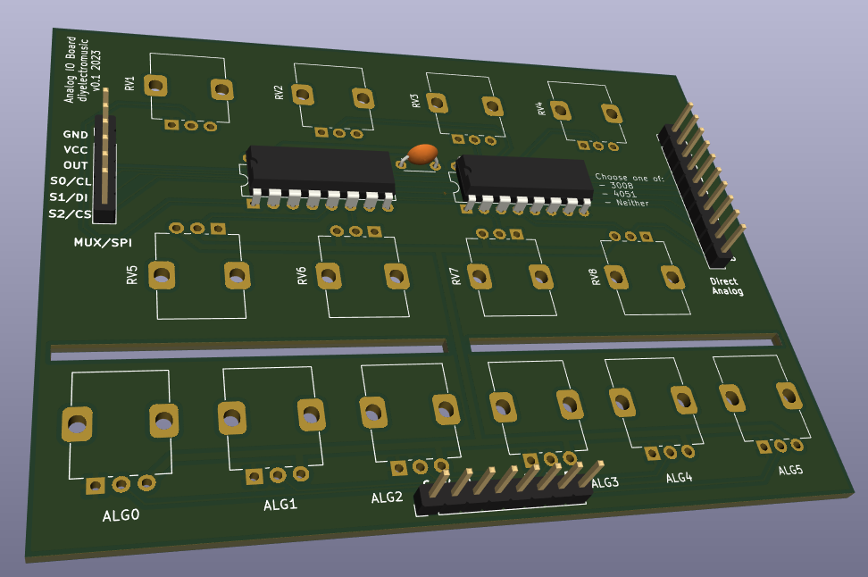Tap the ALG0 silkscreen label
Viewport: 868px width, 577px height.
point(121,515)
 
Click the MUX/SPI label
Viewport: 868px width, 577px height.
point(102,242)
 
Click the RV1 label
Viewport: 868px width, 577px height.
point(130,84)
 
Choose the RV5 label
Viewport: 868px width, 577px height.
point(132,273)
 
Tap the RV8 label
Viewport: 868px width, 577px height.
point(594,277)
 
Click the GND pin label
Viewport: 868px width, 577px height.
point(75,135)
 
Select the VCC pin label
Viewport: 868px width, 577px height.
point(75,150)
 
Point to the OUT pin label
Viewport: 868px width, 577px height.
point(75,165)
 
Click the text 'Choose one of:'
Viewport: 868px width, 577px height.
point(629,178)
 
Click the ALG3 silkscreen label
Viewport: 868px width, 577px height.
point(605,483)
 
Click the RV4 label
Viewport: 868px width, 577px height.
point(539,109)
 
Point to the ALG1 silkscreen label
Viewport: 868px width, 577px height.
point(280,505)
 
